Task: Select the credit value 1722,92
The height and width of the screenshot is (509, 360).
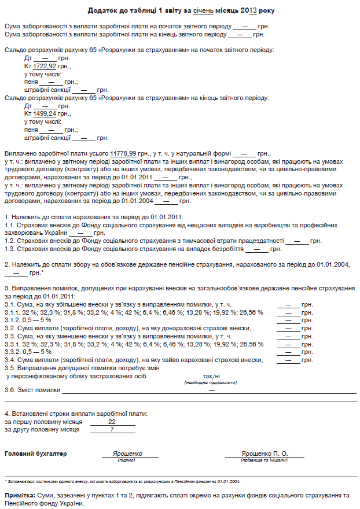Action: point(45,67)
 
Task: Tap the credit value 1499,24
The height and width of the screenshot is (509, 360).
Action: point(45,114)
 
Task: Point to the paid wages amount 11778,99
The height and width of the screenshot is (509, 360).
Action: point(123,153)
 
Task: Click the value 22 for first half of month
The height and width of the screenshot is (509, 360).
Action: point(112,422)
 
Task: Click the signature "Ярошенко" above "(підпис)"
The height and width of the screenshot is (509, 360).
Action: point(126,454)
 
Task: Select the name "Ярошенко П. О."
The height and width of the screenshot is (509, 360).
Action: point(265,454)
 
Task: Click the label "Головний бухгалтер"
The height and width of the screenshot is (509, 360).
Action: point(35,454)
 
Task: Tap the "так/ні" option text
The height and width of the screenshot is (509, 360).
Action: point(212,376)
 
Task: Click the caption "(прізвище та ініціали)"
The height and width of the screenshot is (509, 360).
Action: point(265,460)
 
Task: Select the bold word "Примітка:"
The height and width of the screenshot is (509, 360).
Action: point(20,496)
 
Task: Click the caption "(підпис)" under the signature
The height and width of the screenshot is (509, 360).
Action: point(126,460)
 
